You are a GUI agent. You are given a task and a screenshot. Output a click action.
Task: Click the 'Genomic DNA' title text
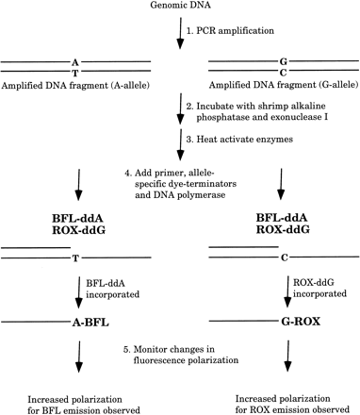179,8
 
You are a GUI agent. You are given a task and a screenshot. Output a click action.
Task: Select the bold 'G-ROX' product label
283,320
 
